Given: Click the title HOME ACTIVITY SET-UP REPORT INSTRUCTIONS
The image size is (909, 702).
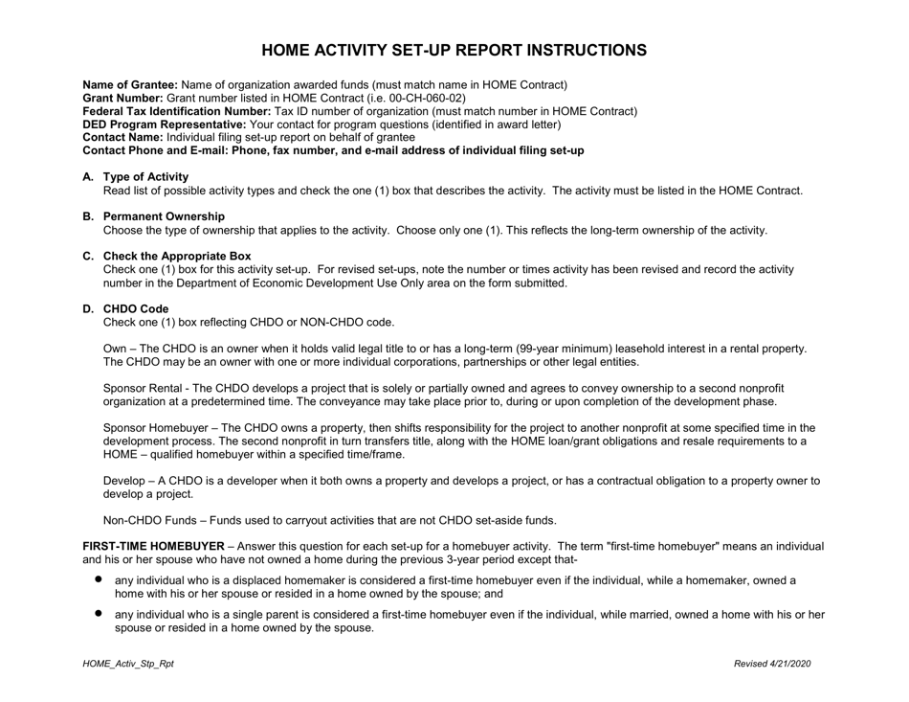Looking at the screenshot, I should point(454,50).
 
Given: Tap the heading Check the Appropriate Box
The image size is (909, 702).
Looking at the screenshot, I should point(177,257).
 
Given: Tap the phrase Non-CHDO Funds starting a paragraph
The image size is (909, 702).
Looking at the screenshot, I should point(148,521).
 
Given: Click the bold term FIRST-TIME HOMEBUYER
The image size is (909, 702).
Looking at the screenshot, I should point(153,546).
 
